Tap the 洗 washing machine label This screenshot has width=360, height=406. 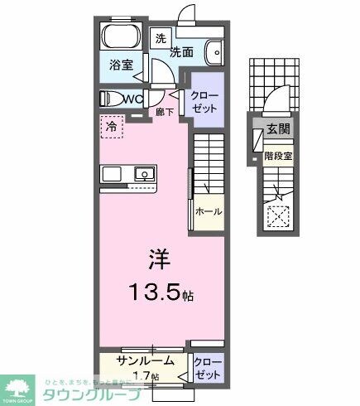[x=161, y=38]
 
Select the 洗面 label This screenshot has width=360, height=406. [x=183, y=51]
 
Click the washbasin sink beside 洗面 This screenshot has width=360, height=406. [x=215, y=51]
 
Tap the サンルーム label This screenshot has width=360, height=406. [x=145, y=360]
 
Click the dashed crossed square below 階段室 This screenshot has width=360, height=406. [x=276, y=217]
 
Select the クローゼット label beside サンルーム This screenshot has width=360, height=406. [x=207, y=368]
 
